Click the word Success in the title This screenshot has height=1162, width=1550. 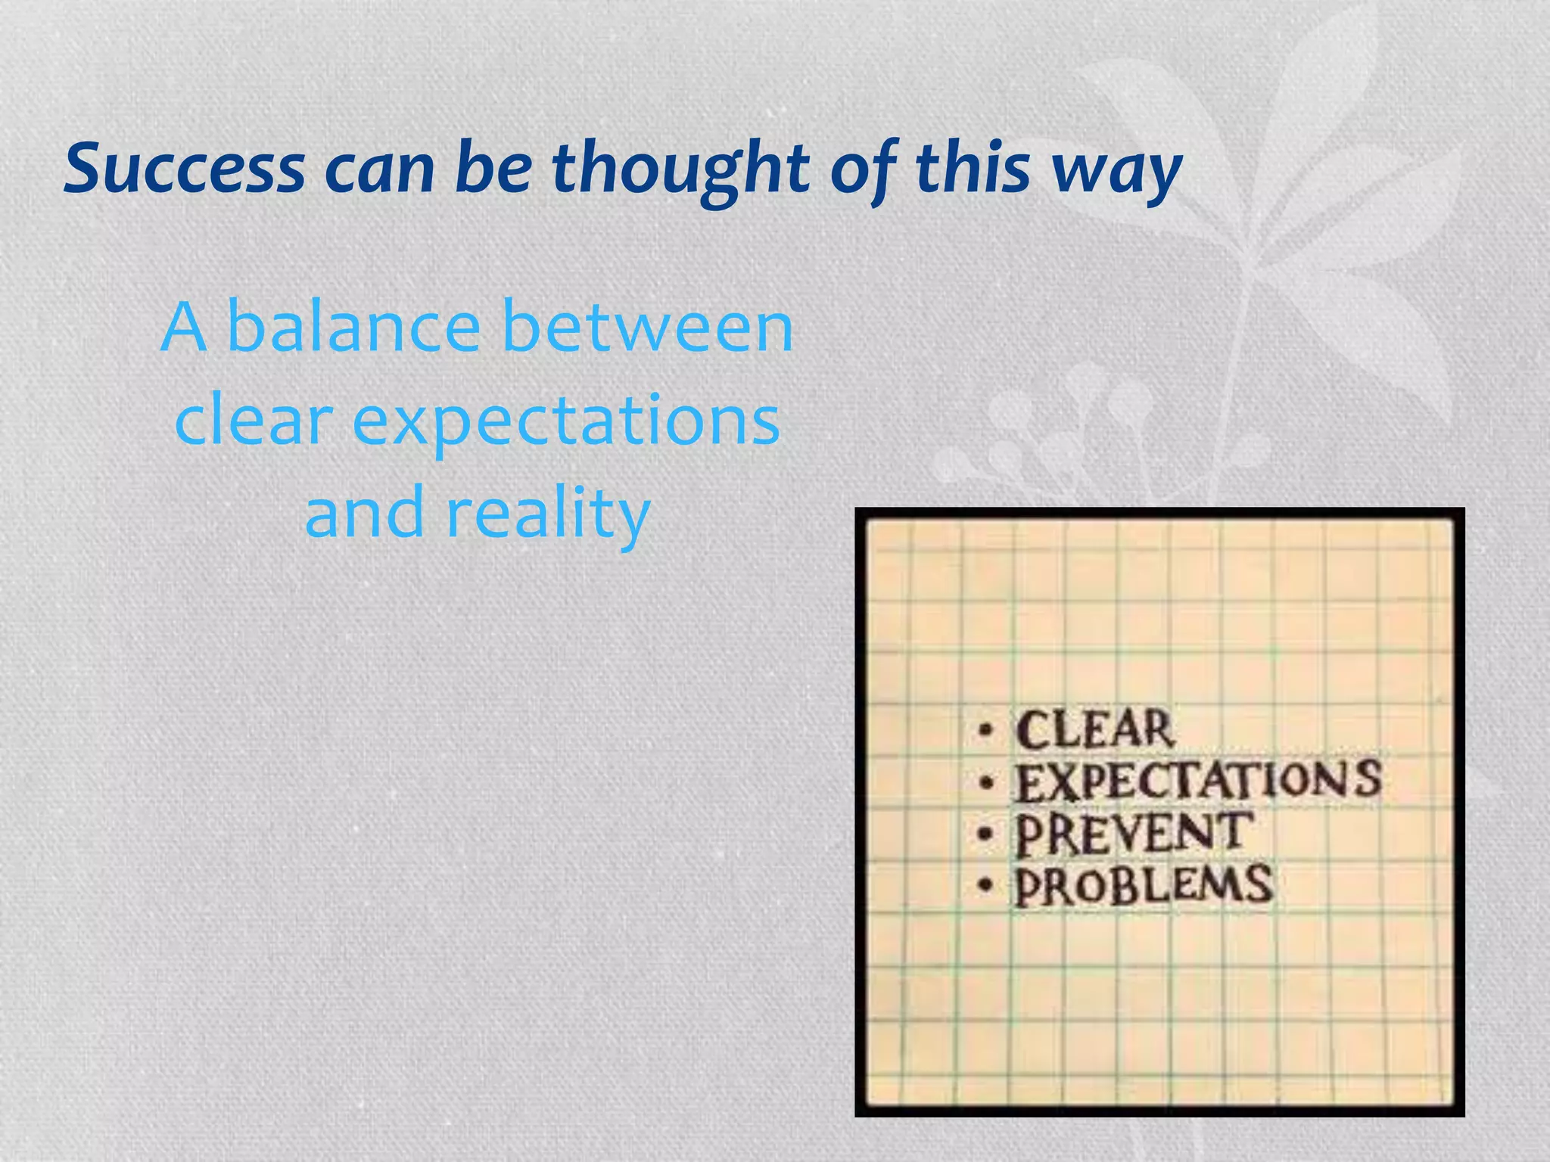click(x=185, y=168)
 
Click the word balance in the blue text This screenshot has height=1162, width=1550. click(x=353, y=327)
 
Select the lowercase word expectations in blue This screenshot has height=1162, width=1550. click(x=566, y=422)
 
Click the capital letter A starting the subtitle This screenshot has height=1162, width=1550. click(x=184, y=327)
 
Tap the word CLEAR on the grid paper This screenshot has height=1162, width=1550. click(x=1094, y=729)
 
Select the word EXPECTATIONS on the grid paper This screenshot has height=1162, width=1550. click(x=1197, y=781)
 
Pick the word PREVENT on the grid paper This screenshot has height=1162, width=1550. click(x=1133, y=833)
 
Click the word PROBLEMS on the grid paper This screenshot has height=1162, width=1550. click(x=1143, y=885)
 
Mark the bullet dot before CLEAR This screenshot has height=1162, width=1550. click(x=984, y=731)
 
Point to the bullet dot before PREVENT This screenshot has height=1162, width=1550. click(x=984, y=834)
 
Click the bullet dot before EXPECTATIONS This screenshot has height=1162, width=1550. click(x=984, y=784)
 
